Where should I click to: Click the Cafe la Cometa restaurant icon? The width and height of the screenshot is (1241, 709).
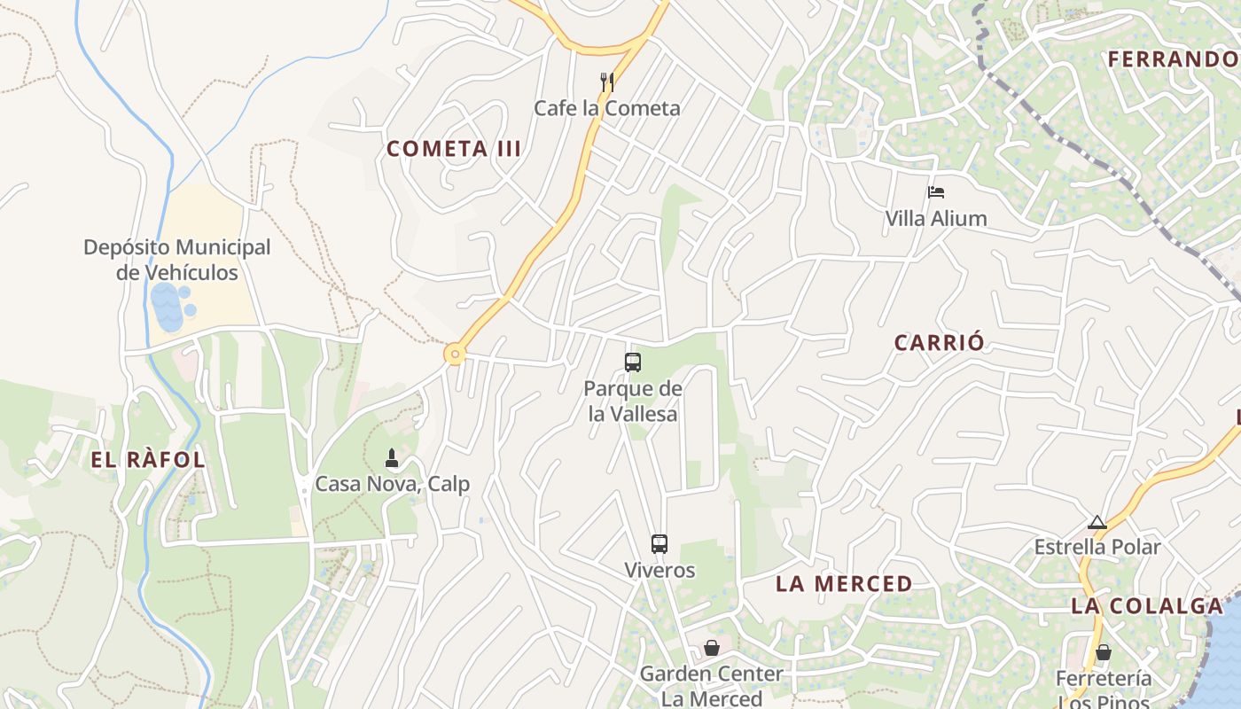click(x=607, y=82)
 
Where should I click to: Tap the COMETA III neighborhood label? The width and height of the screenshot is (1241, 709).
click(x=454, y=149)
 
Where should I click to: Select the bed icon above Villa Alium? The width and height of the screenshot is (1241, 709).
click(x=936, y=191)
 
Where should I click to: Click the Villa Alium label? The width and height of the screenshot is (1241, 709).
click(x=936, y=218)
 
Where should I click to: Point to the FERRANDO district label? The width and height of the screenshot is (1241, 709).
click(x=1172, y=59)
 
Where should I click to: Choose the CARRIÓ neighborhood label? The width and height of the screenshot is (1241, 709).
click(x=940, y=343)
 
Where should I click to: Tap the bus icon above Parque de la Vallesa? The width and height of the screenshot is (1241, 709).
click(x=633, y=362)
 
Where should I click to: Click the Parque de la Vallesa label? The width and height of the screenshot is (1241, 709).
click(x=633, y=401)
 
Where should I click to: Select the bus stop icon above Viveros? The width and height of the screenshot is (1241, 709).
click(x=659, y=544)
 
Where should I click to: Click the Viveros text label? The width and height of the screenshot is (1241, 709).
click(x=660, y=570)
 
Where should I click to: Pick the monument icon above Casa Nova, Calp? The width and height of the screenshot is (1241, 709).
click(x=391, y=458)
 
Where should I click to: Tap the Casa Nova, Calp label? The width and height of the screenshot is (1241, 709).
click(x=393, y=485)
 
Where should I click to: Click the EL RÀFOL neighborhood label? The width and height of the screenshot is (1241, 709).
click(x=148, y=460)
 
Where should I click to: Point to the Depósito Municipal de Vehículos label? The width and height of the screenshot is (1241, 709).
click(x=177, y=260)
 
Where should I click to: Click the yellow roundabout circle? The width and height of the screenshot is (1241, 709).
click(x=455, y=354)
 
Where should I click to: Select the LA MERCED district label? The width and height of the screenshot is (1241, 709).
click(x=844, y=584)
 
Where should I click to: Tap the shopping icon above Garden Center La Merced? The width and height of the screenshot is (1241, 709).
click(x=711, y=648)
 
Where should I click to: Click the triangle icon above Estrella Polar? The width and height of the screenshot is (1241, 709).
click(x=1097, y=522)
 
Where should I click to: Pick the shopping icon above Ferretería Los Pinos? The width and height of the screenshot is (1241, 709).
click(x=1104, y=652)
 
